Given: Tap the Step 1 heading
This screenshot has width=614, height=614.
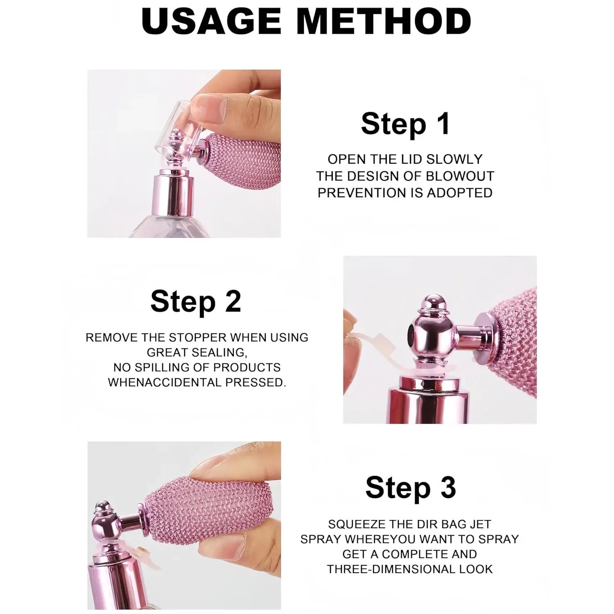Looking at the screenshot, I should coord(405,124).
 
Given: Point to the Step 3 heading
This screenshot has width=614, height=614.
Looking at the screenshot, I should coord(411,488).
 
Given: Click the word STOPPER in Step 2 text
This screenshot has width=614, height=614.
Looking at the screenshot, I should coord(198,338).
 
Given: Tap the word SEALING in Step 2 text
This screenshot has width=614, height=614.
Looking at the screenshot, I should coord(220,352).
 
